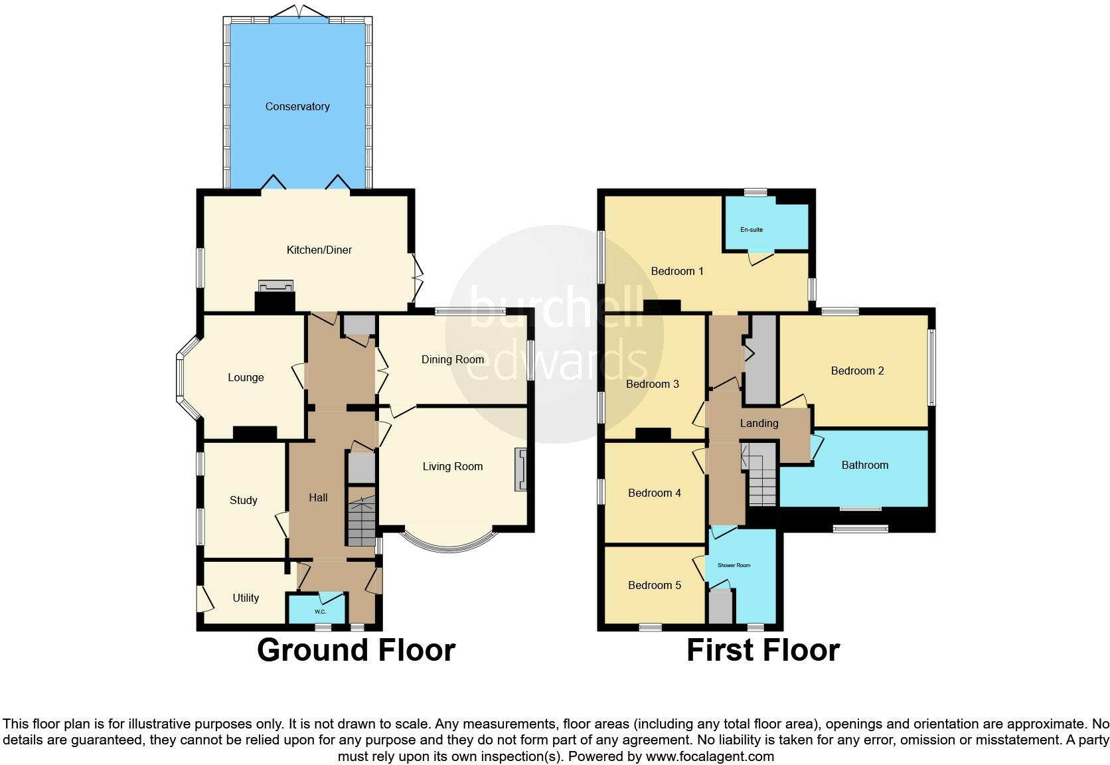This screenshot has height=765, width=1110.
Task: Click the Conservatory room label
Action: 297,106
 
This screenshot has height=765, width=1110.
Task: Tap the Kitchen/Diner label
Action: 319,250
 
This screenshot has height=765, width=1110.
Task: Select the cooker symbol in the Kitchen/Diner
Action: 276,286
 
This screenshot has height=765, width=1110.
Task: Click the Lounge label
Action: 246,377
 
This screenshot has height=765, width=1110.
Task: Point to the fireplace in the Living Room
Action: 520,469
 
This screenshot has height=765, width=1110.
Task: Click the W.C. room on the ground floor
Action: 319,610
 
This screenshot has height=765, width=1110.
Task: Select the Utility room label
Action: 246,598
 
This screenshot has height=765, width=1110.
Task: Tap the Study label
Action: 243,500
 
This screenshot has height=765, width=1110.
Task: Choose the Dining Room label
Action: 453,359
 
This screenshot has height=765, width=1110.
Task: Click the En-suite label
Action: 752,230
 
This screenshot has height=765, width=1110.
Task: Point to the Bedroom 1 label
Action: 677,271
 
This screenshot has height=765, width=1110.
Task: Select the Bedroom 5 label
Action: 655,585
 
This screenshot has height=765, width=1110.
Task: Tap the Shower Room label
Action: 734,565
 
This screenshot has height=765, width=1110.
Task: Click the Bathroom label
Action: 864,465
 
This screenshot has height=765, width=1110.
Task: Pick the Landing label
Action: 759,423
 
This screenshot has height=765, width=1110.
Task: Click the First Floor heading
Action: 763,649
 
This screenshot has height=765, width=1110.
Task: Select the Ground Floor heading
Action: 356,649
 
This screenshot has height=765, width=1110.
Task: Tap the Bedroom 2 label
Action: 857,371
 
